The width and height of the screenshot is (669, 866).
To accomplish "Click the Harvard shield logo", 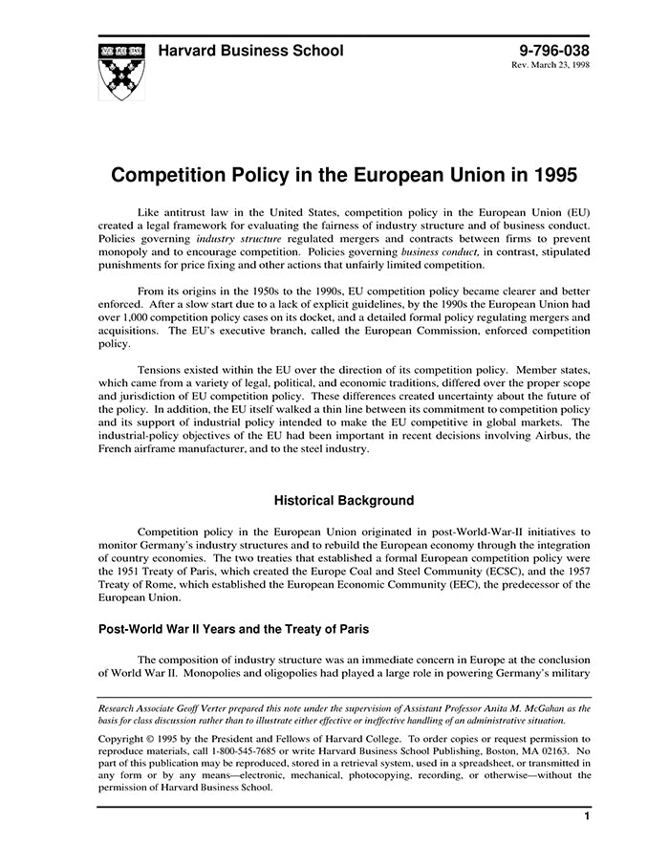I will (121, 70).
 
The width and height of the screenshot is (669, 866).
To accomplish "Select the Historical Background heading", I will (343, 500).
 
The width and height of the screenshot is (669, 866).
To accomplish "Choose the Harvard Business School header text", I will (250, 51).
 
